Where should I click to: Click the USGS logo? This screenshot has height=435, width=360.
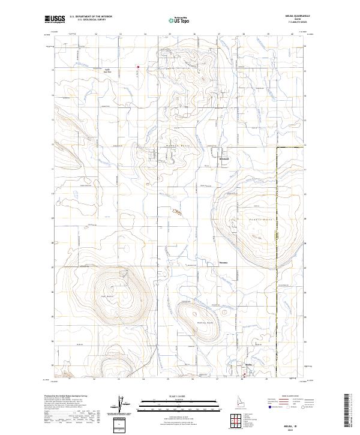click(55, 20)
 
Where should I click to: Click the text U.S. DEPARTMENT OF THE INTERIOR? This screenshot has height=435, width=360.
click(91, 17)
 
